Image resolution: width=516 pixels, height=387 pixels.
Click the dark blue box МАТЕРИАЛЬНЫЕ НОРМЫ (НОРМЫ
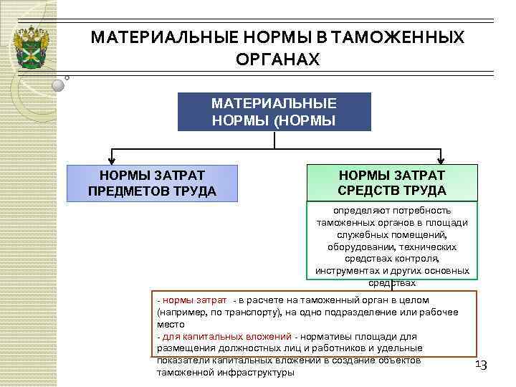click(x=274, y=111)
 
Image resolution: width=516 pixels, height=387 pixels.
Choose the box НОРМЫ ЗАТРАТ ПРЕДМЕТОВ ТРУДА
click(x=151, y=183)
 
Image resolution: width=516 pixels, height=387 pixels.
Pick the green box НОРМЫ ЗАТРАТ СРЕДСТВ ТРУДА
click(x=391, y=183)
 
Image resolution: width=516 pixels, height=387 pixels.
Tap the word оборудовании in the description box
click(x=358, y=247)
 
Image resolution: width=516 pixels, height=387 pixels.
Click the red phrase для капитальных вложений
click(x=226, y=336)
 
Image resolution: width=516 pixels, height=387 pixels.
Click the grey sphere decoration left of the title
click(x=59, y=84)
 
